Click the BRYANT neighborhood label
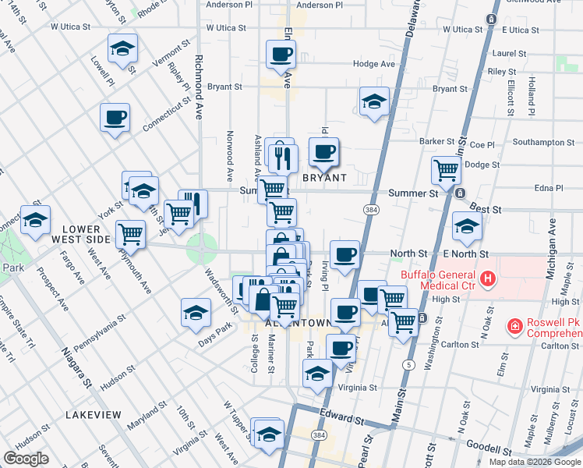point(323,178)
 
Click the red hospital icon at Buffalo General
point(487,278)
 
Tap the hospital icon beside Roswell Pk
point(514,326)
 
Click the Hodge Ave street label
point(374,64)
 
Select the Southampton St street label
point(544,142)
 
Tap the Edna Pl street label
point(549,188)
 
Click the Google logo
point(26,459)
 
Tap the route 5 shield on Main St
point(408,363)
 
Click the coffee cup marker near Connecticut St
point(115,119)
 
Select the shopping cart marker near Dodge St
point(446,169)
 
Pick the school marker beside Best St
point(467,227)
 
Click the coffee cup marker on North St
point(344,254)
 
